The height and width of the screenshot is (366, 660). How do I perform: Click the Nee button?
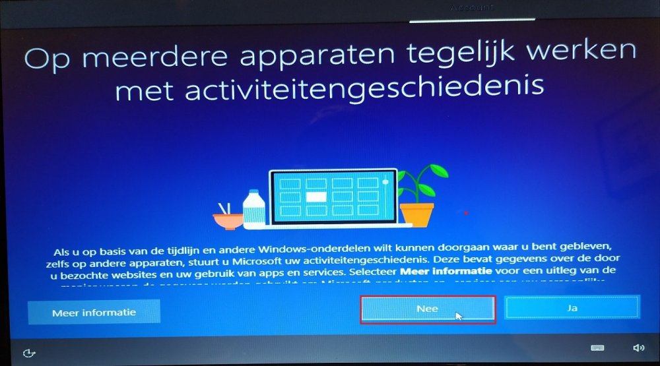tap(428, 309)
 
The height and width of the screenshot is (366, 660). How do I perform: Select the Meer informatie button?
tap(94, 313)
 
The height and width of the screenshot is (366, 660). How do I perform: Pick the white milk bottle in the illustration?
tap(253, 209)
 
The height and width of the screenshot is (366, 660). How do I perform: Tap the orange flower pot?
tap(417, 213)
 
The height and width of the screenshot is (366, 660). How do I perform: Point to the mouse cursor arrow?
tap(458, 315)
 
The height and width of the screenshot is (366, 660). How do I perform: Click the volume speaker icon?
tap(638, 348)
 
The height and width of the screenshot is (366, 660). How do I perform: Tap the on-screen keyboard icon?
tap(597, 348)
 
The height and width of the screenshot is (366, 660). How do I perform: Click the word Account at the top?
tap(471, 7)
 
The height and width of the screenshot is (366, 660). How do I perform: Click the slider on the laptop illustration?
tap(385, 182)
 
